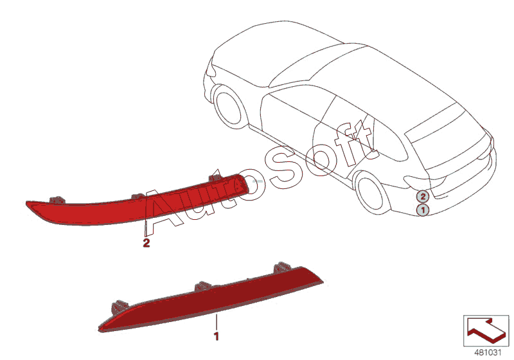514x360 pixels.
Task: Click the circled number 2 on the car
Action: pyautogui.click(x=423, y=197)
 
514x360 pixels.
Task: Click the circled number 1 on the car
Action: pyautogui.click(x=423, y=210)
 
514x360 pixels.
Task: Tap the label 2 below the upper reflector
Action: pyautogui.click(x=146, y=243)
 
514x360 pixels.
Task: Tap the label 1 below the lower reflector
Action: pyautogui.click(x=216, y=336)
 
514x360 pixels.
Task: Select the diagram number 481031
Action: pyautogui.click(x=488, y=352)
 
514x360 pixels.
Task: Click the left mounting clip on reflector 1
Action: pyautogui.click(x=118, y=306)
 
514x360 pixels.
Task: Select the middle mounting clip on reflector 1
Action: pyautogui.click(x=203, y=286)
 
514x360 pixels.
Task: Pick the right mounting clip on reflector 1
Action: pyautogui.click(x=281, y=267)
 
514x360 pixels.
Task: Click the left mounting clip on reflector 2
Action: pyautogui.click(x=57, y=200)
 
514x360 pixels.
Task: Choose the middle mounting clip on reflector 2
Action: pyautogui.click(x=138, y=196)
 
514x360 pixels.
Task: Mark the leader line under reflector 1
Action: pyautogui.click(x=216, y=322)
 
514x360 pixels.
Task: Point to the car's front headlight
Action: pyautogui.click(x=211, y=68)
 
